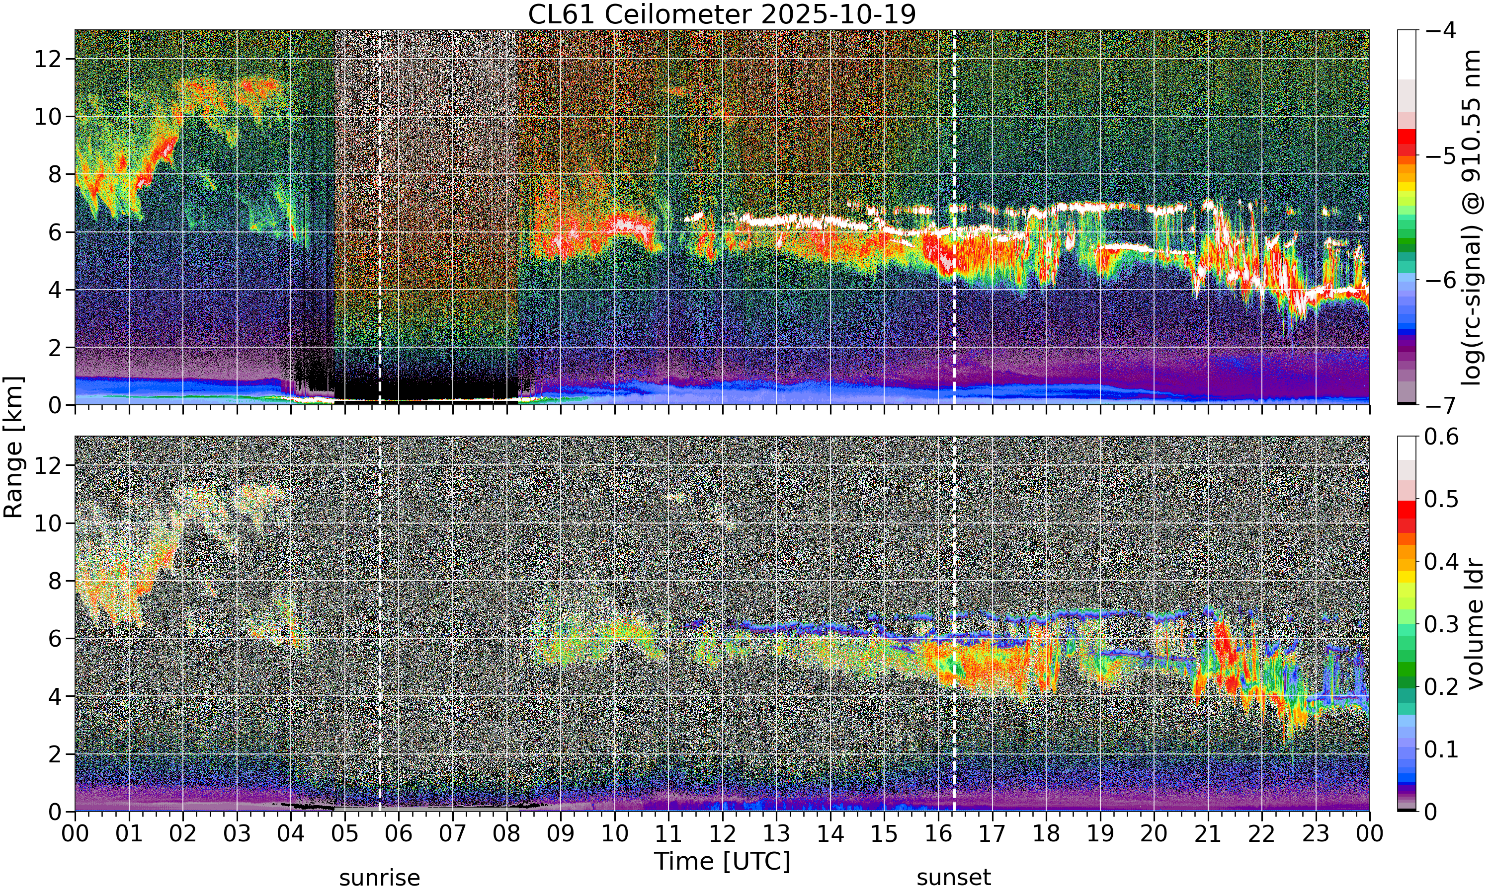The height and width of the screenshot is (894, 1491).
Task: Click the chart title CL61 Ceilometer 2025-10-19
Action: pos(722,14)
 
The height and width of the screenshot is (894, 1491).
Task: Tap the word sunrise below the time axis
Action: pos(380,878)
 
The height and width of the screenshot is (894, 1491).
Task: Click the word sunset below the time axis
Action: pos(954,878)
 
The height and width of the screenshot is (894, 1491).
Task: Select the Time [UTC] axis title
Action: pos(722,861)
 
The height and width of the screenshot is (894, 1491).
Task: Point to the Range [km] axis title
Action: pos(13,447)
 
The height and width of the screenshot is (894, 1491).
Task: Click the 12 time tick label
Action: pos(722,834)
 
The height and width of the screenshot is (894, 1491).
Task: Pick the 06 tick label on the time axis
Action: pos(399,834)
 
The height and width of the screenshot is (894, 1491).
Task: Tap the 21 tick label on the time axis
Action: pos(1208,834)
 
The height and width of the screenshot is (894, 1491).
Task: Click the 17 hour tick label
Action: pos(992,834)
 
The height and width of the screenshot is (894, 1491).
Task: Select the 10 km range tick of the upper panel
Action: pos(48,117)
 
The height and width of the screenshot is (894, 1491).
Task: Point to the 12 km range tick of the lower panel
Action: pos(48,466)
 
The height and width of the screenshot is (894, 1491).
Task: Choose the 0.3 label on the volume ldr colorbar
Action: pos(1442,624)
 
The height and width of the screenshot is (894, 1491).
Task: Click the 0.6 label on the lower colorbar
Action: pos(1442,437)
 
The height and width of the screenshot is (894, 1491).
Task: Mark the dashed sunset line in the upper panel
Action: pos(954,218)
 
